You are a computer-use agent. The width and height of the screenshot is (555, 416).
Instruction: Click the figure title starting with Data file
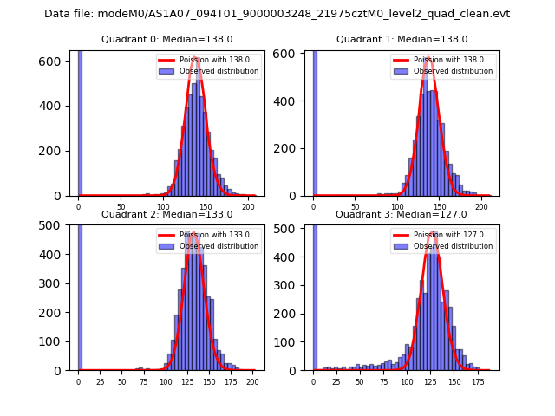[x=277, y=14]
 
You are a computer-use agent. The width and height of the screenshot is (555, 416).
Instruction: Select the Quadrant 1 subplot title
[x=402, y=39]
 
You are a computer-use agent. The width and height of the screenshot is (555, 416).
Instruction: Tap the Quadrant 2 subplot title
[x=166, y=214]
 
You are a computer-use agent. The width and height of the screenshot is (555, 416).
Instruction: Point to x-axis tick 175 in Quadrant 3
[x=477, y=380]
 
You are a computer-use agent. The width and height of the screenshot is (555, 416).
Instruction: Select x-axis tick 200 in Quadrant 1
[x=481, y=206]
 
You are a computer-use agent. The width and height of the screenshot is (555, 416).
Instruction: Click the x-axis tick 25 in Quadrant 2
[x=100, y=380]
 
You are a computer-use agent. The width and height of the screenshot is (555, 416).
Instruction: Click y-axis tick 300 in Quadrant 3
[x=291, y=286]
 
